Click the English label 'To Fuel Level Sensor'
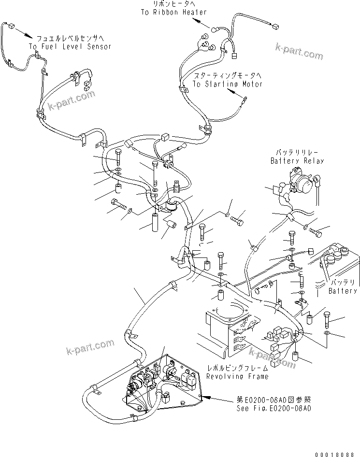70,47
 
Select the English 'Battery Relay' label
297,160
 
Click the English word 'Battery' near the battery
343,291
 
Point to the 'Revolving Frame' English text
237,376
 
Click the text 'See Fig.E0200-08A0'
274,408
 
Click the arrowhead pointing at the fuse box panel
206,397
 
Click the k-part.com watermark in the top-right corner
299,51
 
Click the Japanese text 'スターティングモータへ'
227,76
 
